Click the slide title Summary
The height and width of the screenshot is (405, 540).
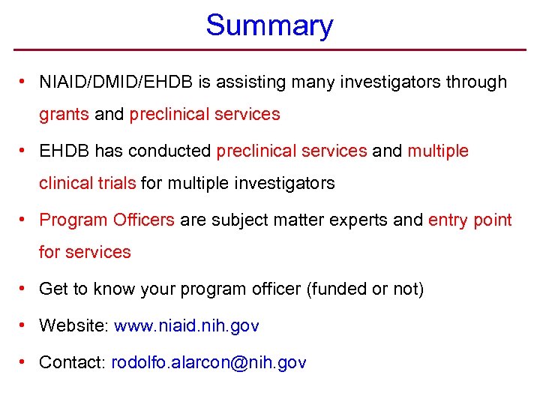pyautogui.click(x=269, y=25)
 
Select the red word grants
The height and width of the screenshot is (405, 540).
pyautogui.click(x=64, y=115)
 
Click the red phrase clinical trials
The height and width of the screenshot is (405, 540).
pyautogui.click(x=88, y=183)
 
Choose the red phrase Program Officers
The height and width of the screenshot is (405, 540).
pyautogui.click(x=106, y=220)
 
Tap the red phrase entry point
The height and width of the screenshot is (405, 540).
pyautogui.click(x=469, y=220)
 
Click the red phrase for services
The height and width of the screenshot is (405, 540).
pyautogui.click(x=85, y=252)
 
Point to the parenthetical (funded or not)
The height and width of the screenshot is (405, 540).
pyautogui.click(x=365, y=289)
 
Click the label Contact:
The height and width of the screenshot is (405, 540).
pyautogui.click(x=72, y=363)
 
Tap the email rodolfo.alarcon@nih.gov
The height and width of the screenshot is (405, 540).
pyautogui.click(x=208, y=363)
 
